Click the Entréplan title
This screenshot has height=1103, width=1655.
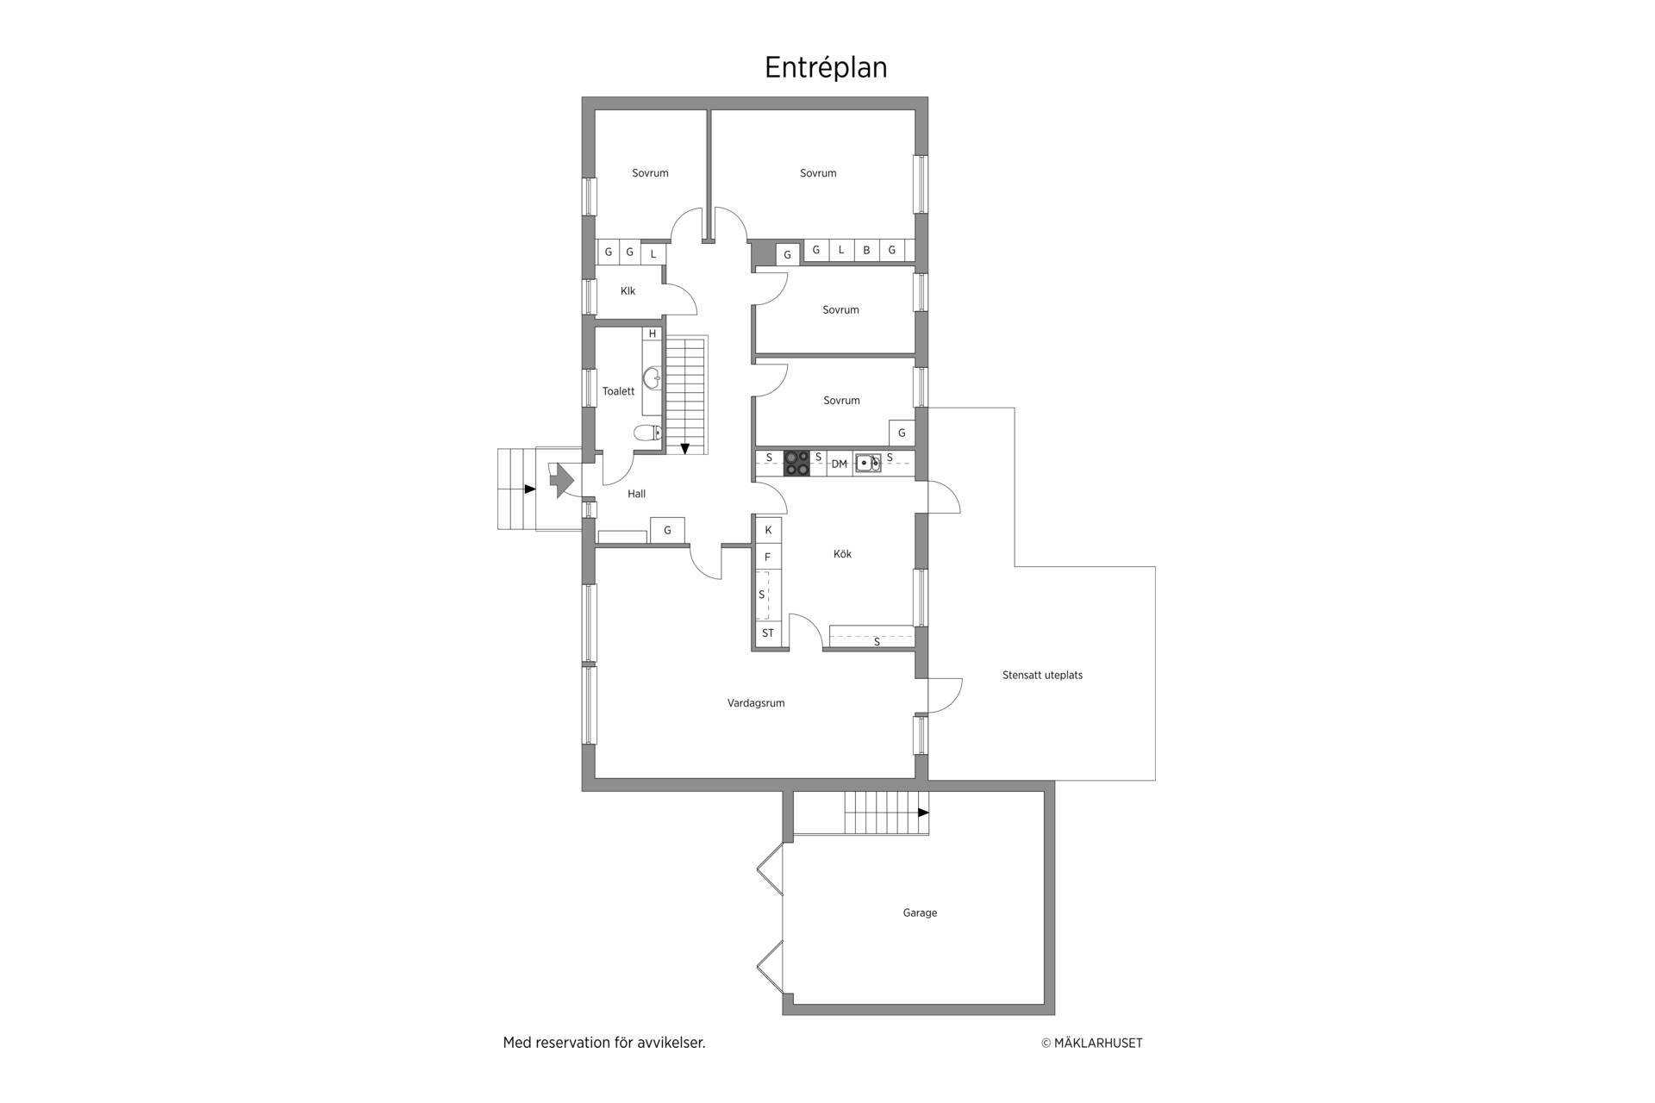coord(826,68)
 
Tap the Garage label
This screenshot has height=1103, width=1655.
coord(920,913)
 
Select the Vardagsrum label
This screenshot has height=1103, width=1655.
coord(756,703)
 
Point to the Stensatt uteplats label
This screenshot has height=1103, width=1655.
coord(1042,676)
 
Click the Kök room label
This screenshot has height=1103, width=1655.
coord(842,554)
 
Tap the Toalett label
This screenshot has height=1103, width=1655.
coord(618,391)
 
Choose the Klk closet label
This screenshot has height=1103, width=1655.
coord(628,291)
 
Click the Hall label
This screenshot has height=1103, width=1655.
coord(637,494)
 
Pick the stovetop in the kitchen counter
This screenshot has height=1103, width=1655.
coord(796,464)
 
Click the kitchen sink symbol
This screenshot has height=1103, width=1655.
coord(867,464)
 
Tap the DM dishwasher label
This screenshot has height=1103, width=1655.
coord(839,464)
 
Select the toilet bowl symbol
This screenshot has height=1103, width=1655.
coord(647,433)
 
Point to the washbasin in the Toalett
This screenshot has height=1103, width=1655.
coord(653,377)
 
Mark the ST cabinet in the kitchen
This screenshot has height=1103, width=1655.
coord(767,633)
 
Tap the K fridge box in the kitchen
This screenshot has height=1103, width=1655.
coord(768,530)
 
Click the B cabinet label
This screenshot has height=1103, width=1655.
coord(866,251)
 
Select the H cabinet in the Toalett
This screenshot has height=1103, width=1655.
coord(653,333)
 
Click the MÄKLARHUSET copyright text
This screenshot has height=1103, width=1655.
coord(1092,1043)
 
